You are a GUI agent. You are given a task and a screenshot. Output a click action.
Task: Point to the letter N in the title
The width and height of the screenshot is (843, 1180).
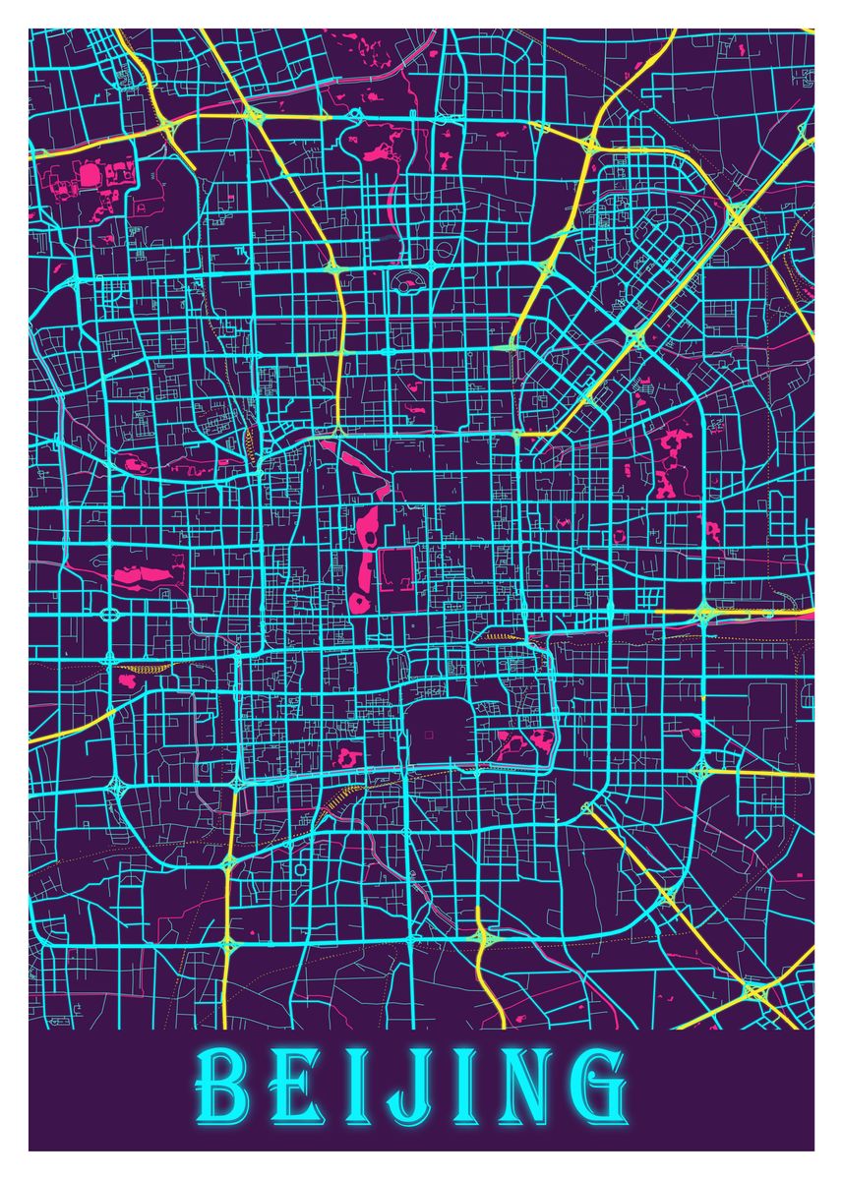point(522,1091)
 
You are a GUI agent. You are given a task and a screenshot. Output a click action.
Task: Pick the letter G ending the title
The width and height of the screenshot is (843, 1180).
point(597,1091)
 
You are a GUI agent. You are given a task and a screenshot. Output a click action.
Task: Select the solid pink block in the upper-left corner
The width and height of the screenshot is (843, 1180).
point(90,176)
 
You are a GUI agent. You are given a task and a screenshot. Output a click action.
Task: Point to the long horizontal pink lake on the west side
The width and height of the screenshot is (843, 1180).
point(143,575)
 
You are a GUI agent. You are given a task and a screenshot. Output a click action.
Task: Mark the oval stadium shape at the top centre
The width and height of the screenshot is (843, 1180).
point(405,285)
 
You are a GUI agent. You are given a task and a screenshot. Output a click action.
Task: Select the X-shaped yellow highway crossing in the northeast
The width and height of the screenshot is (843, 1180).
point(736,214)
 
